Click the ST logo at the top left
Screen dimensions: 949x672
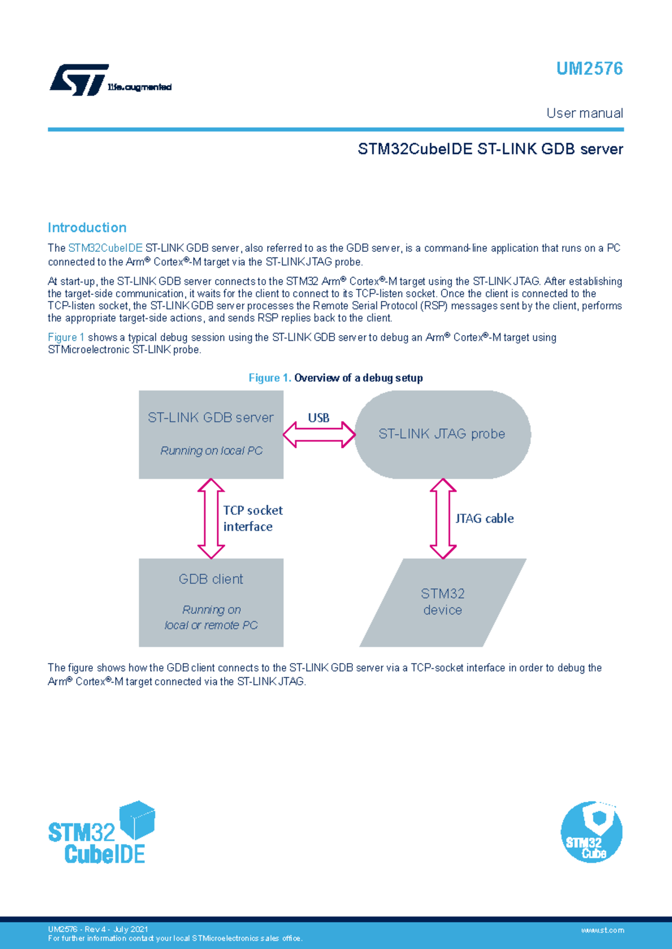(x=80, y=80)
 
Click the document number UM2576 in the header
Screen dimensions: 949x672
(x=589, y=69)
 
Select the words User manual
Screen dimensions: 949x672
(x=585, y=113)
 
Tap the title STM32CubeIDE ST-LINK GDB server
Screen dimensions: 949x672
(x=490, y=149)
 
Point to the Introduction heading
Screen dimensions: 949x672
(x=87, y=228)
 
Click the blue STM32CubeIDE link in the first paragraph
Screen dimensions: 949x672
(x=105, y=248)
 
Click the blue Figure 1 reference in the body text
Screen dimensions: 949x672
(x=66, y=337)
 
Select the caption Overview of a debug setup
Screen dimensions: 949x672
(x=358, y=378)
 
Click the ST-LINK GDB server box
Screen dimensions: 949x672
(x=211, y=434)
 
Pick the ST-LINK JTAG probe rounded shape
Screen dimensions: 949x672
(x=442, y=434)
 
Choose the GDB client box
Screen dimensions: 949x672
(x=211, y=602)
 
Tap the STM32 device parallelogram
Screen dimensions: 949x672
(x=442, y=602)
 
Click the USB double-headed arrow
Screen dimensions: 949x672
(x=319, y=435)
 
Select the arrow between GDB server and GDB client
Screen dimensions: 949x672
(x=211, y=519)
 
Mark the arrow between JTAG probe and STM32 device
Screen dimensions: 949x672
(x=443, y=519)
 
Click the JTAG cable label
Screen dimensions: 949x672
(x=484, y=519)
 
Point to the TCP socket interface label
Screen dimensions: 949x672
(x=253, y=519)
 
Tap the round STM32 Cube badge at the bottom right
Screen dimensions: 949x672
(x=591, y=832)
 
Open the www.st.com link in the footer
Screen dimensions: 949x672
(x=602, y=930)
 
